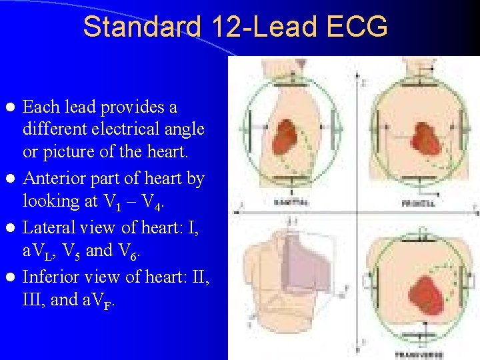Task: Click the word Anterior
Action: tap(54, 179)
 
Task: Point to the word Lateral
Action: tap(51, 227)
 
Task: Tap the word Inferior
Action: tap(52, 276)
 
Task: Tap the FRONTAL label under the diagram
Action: tap(418, 203)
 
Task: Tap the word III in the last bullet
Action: tap(35, 300)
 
